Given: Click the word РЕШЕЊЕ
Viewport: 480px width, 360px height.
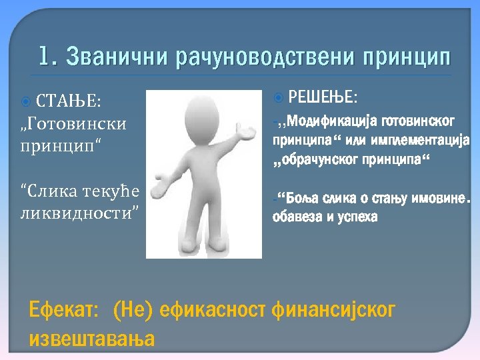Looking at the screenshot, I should coord(324,98).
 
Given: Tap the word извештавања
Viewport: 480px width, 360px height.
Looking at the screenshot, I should coord(92,339).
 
